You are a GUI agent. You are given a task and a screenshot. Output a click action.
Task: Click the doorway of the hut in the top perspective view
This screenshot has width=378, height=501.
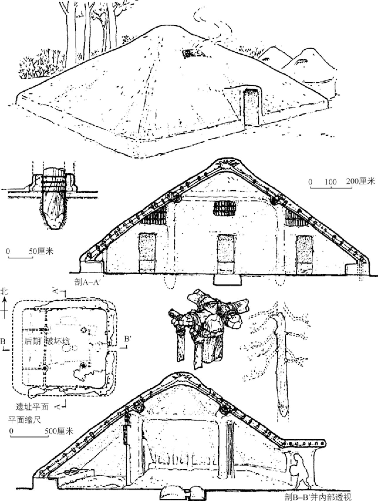(252, 108)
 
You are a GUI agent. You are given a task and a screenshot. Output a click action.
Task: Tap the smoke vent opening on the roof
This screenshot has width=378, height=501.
(190, 53)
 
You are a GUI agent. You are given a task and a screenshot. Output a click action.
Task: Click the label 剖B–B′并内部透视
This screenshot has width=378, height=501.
(318, 497)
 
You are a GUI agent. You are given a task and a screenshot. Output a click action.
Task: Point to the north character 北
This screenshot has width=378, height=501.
(4, 291)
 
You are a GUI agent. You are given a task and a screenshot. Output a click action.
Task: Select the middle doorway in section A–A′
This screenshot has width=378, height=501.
(226, 254)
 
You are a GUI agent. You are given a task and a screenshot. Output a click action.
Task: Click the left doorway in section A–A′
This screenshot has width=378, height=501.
(147, 252)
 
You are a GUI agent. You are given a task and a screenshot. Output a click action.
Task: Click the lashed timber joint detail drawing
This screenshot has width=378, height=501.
(208, 326)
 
